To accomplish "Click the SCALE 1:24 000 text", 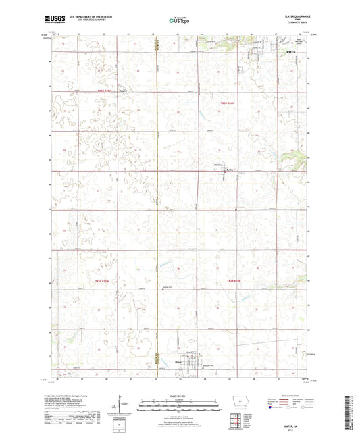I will tap(180, 396).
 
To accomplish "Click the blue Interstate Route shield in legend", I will tap(272, 409).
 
